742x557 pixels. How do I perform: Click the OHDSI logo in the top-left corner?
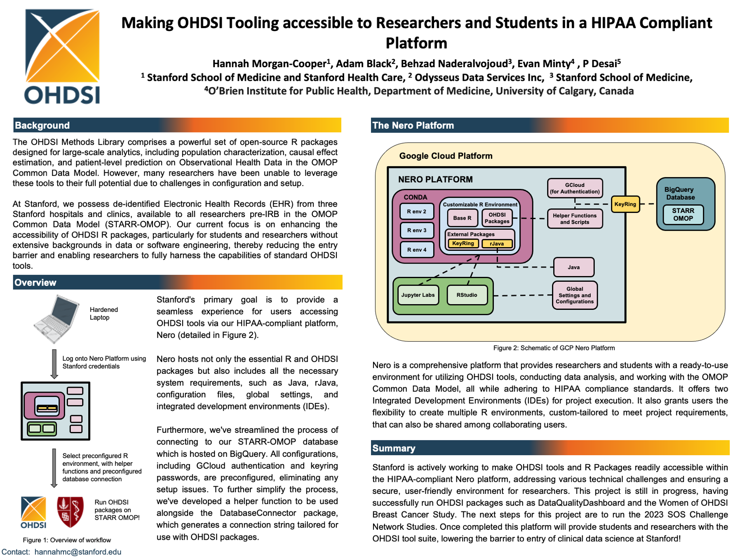click(x=62, y=56)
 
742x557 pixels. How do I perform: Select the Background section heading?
click(x=42, y=125)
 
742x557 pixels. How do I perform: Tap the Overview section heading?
click(x=35, y=283)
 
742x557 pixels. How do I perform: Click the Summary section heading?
click(x=394, y=448)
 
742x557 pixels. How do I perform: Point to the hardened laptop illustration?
click(x=56, y=319)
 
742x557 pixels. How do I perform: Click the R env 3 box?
click(x=417, y=230)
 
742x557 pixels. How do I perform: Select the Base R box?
click(x=462, y=218)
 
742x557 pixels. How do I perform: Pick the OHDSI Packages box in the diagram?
click(x=497, y=218)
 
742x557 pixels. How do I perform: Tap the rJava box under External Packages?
click(x=497, y=243)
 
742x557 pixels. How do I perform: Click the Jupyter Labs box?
click(x=418, y=295)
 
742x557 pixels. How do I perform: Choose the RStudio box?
click(x=467, y=295)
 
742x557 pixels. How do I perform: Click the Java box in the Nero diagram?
click(x=573, y=267)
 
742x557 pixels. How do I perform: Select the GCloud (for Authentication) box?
click(x=575, y=188)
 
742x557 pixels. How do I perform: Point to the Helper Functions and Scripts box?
click(x=575, y=219)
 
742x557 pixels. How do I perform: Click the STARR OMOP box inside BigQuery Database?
click(x=683, y=215)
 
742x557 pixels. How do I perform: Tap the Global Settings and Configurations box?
click(x=575, y=295)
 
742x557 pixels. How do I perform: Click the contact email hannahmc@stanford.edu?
click(x=78, y=552)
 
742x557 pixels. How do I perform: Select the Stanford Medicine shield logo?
click(x=70, y=512)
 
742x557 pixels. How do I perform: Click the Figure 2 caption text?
click(x=554, y=348)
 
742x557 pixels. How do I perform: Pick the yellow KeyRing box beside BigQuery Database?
click(x=625, y=204)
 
